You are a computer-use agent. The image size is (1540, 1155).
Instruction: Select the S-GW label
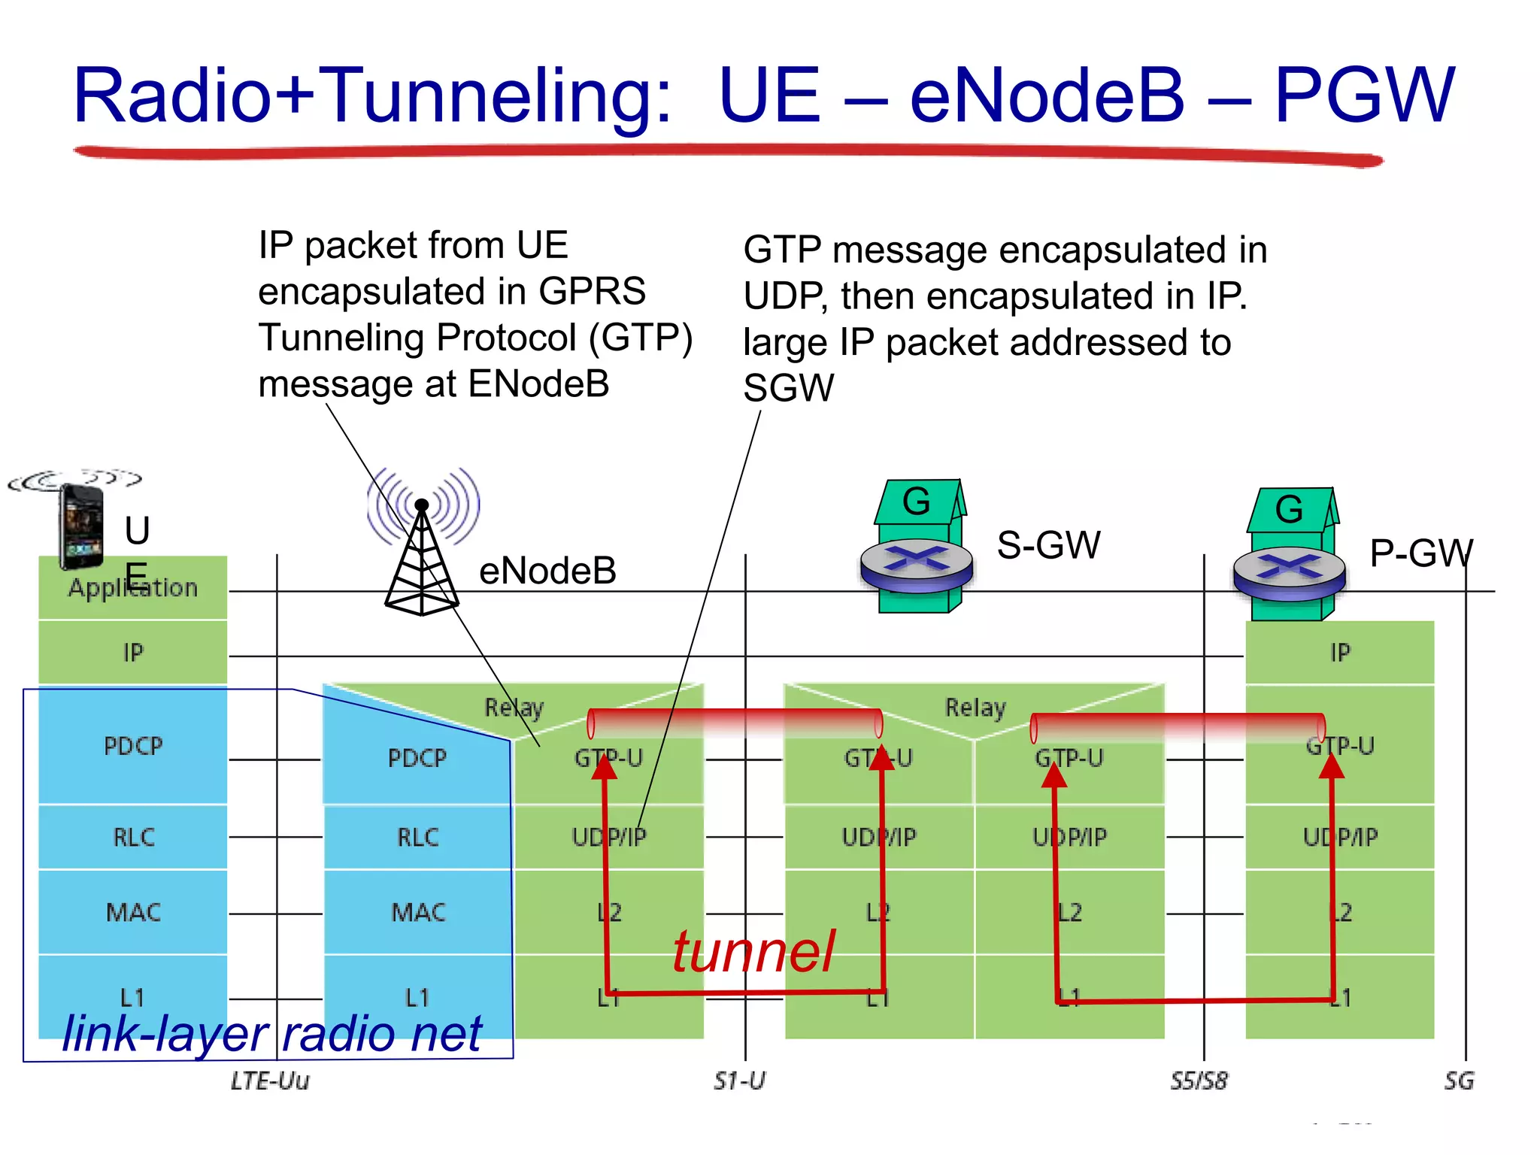(x=1048, y=545)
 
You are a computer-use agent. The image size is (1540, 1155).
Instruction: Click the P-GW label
(x=1420, y=553)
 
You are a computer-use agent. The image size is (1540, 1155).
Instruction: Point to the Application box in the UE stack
(x=132, y=588)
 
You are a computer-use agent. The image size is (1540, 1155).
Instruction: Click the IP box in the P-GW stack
(x=1339, y=653)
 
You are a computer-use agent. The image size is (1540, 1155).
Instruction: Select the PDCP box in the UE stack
(x=132, y=746)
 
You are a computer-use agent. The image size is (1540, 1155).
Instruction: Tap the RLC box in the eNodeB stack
(x=417, y=837)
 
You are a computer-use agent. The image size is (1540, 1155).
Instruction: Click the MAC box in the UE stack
(x=132, y=912)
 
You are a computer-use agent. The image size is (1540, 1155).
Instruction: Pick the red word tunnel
(x=753, y=952)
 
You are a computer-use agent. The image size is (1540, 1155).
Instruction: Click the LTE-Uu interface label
(x=269, y=1081)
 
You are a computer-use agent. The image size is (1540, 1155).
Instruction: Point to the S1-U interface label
(x=739, y=1081)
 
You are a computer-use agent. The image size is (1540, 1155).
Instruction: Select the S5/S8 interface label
(x=1199, y=1081)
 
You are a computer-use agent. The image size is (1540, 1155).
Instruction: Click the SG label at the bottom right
(x=1458, y=1081)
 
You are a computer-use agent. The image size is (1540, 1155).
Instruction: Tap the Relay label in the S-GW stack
(x=975, y=708)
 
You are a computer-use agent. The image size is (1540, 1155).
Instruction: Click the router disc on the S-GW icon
(x=917, y=564)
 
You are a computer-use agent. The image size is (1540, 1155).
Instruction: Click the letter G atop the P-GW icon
(x=1289, y=510)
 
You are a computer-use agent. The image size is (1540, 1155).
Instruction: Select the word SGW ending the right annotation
(x=788, y=389)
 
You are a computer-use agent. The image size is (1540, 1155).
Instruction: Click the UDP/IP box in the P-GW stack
(x=1339, y=837)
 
